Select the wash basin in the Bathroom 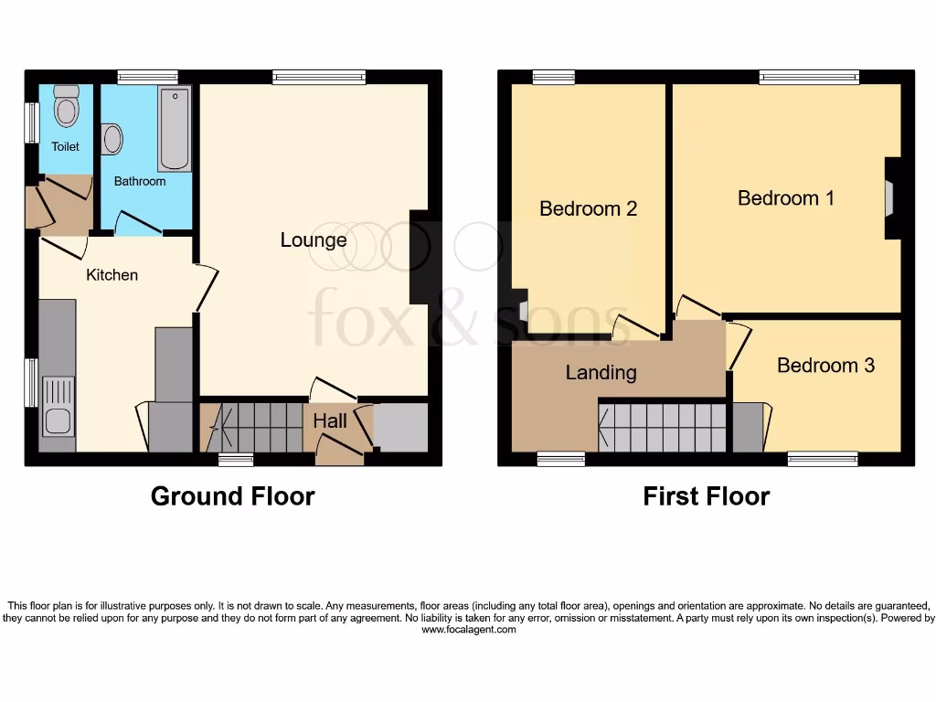coord(112,140)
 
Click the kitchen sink coord(58,422)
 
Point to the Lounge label coord(314,240)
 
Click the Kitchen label coord(112,274)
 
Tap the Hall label coord(330,421)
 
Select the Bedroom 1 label coord(785,197)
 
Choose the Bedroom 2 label coord(588,208)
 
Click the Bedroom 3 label coord(825,366)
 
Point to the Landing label coord(601,372)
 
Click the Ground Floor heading coord(232,496)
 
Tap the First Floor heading coord(706,496)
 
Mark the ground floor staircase coord(256,427)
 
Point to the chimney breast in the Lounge coord(420,258)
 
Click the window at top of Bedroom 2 coord(554,78)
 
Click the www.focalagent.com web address coord(468,629)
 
